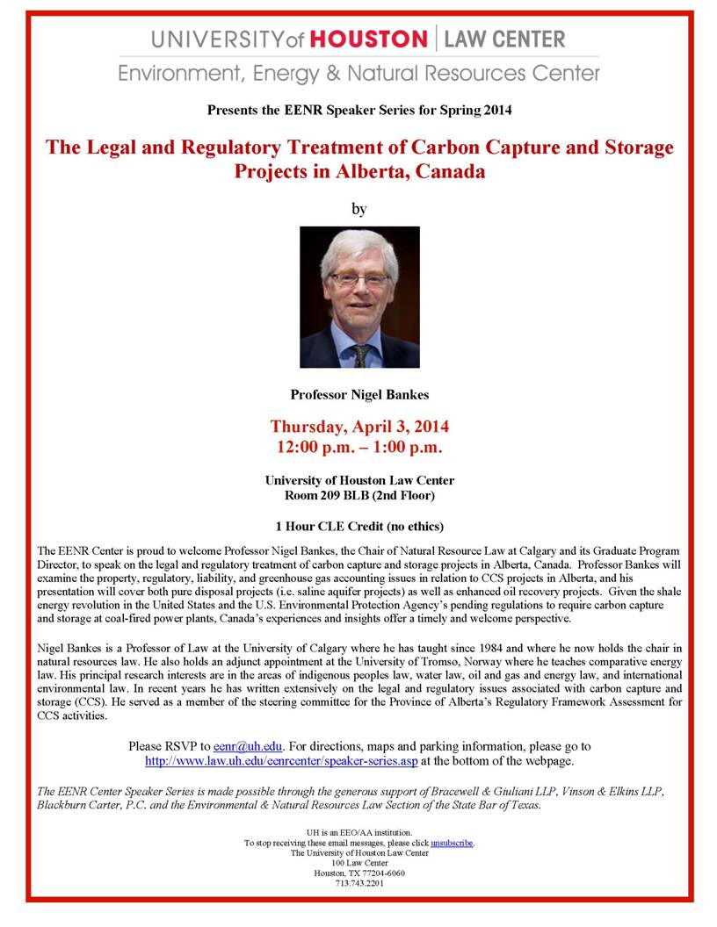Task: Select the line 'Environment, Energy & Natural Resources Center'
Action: [359, 73]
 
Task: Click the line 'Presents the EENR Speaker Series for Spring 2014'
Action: [359, 111]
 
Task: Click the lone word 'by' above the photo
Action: [358, 209]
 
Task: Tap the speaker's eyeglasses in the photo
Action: [359, 278]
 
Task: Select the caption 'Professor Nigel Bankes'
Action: [358, 395]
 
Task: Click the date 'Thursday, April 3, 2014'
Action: [359, 428]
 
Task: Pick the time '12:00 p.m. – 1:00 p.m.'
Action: [359, 448]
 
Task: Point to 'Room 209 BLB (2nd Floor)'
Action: [359, 495]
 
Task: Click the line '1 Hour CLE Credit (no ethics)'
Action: [359, 527]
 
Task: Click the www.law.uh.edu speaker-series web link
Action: [281, 760]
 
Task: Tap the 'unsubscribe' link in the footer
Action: [452, 843]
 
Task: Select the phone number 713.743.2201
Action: [359, 883]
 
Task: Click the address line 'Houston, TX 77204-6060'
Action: [359, 873]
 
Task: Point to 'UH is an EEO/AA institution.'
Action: [359, 831]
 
